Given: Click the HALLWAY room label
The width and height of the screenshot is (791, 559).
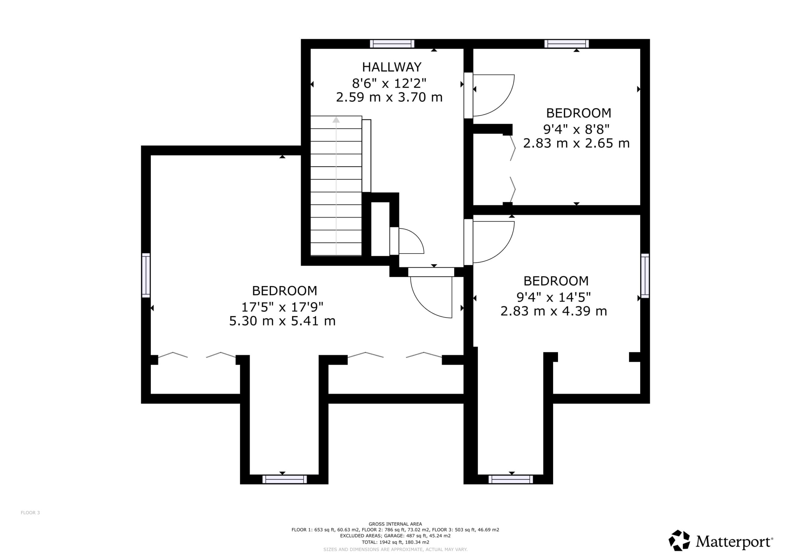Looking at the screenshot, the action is [x=392, y=67].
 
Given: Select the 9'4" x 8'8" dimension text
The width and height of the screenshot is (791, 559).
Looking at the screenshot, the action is [x=576, y=129].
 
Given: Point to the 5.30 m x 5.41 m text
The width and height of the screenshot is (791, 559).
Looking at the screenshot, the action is [x=282, y=321].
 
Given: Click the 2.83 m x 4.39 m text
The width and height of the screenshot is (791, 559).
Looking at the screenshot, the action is [x=554, y=311].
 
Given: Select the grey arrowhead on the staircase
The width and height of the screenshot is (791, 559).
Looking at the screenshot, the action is [x=336, y=120].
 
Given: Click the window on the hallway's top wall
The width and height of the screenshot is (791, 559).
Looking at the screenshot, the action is [x=392, y=44].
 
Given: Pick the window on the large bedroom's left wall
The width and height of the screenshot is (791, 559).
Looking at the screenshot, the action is [x=146, y=275].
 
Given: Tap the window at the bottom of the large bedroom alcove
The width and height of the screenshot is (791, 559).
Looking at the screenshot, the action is [x=285, y=479].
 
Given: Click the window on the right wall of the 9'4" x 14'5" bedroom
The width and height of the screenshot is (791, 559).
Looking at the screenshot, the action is [x=645, y=275].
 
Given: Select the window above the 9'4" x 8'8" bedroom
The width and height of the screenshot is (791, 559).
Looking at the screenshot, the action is [x=567, y=44].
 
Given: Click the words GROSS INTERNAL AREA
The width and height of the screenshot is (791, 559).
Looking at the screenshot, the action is [x=395, y=524].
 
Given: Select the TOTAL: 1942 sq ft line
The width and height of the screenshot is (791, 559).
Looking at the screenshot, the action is [x=395, y=542].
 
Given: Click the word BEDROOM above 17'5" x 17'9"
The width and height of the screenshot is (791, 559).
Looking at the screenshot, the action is [x=285, y=291].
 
